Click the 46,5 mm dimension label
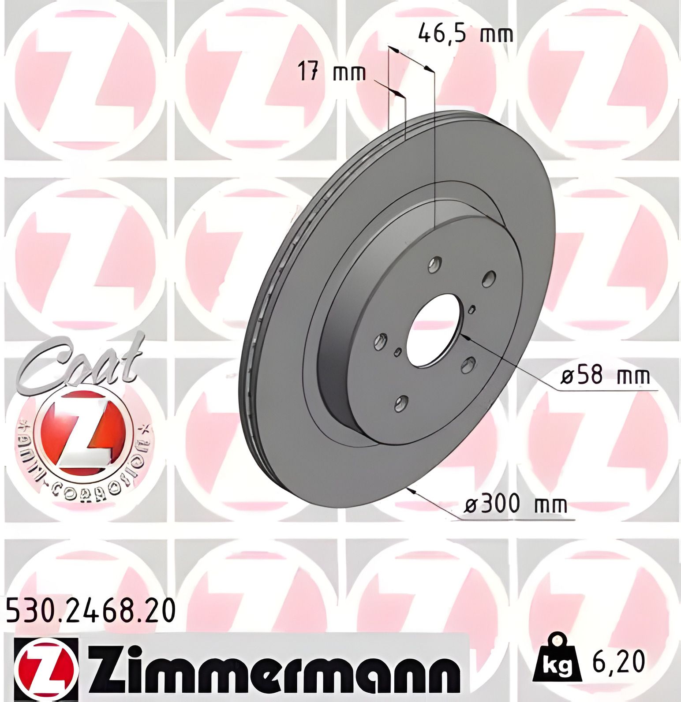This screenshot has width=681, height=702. pos(466,34)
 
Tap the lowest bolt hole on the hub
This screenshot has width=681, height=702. pos(401,403)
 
